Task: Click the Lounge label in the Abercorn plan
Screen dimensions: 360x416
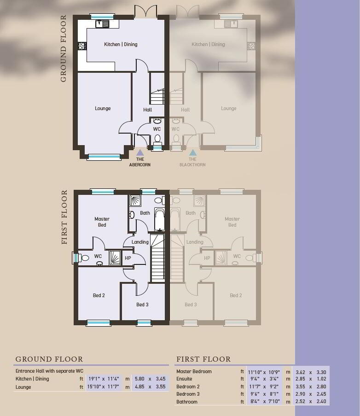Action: pos(103,108)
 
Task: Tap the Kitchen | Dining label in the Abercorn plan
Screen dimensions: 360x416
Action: pos(121,44)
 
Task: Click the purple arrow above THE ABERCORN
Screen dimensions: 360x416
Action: pos(140,152)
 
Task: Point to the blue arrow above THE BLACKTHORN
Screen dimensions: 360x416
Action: pos(193,152)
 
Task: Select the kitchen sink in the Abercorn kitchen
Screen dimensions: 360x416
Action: pos(102,24)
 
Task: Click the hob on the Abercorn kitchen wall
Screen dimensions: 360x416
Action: pos(82,46)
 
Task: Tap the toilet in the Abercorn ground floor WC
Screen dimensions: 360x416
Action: pos(157,140)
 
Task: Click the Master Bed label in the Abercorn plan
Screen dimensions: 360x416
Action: pos(102,222)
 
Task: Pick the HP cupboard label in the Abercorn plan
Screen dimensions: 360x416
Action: pos(128,258)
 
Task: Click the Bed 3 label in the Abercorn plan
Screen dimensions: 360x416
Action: pos(142,305)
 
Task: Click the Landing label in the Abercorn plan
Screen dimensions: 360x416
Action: pos(140,242)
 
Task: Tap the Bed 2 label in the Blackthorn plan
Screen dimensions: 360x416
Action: pos(236,295)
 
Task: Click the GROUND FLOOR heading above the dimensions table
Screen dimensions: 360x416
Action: pos(49,359)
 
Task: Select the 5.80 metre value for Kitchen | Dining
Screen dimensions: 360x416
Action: pos(139,379)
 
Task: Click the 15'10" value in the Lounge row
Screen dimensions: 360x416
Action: pos(93,387)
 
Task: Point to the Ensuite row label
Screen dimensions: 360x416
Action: pos(184,379)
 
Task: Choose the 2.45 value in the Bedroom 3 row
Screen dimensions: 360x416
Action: pos(321,394)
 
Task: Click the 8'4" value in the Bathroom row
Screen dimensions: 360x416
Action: pos(255,401)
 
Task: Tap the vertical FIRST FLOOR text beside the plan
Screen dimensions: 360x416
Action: pos(64,217)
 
